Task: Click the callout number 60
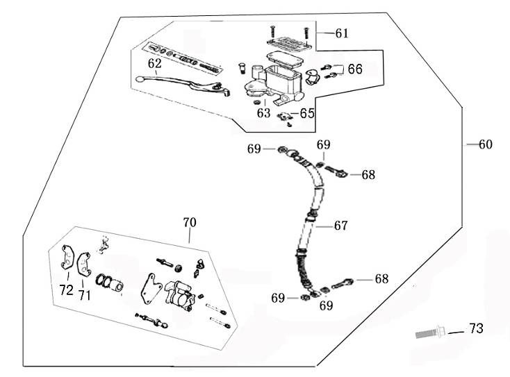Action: click(485, 144)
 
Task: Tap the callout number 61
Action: click(342, 33)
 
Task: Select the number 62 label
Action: click(154, 64)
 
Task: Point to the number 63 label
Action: click(263, 112)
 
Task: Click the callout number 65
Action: click(307, 113)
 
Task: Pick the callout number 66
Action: click(354, 69)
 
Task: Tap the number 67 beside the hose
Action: click(340, 226)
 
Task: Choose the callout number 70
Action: click(190, 223)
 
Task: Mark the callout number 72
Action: click(66, 291)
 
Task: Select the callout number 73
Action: click(475, 328)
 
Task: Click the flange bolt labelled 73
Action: click(430, 333)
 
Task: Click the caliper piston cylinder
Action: click(114, 285)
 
